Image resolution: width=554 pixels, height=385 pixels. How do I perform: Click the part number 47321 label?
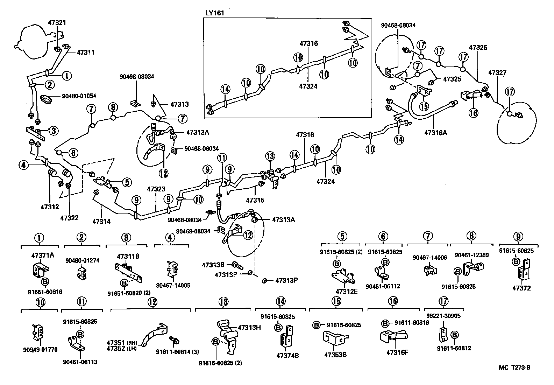click(x=57, y=22)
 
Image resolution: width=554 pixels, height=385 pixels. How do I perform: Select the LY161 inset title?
click(x=214, y=13)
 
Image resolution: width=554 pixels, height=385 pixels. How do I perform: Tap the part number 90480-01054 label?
click(x=79, y=96)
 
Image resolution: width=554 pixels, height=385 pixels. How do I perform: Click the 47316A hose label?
click(x=435, y=133)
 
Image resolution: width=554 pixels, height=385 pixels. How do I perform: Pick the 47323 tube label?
click(x=156, y=189)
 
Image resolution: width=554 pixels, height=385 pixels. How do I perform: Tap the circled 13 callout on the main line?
click(x=270, y=156)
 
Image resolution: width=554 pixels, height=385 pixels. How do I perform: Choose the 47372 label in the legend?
click(x=521, y=288)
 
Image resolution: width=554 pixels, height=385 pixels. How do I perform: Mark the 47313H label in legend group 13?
click(x=249, y=328)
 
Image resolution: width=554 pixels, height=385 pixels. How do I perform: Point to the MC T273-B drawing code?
click(x=514, y=367)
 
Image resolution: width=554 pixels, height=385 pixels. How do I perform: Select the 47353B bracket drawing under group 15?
click(x=334, y=338)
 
